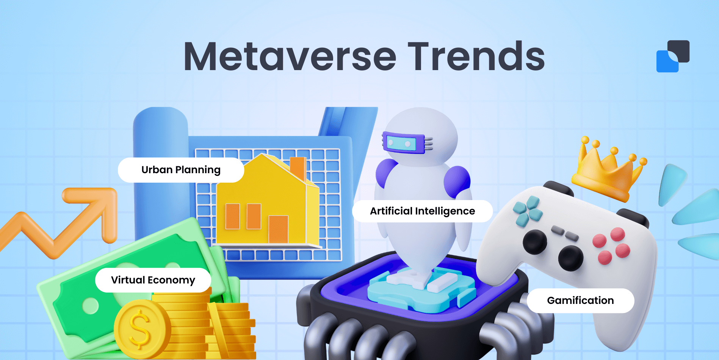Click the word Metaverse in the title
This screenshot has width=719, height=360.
coord(290,57)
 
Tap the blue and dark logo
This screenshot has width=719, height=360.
coord(673,56)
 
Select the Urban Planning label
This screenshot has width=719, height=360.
coord(181,170)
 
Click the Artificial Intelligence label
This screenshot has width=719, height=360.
coord(422,211)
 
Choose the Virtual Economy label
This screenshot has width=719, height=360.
coord(153,280)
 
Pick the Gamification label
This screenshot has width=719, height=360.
coord(580,301)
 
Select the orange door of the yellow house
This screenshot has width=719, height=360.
coord(278,229)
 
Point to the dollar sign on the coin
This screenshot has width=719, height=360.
coord(139,329)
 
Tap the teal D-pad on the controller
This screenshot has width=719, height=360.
coord(528,211)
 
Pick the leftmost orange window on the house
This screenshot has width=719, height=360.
coord(232,216)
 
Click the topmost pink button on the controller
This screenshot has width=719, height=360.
coord(617,234)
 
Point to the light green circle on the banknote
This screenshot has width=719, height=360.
coord(90,306)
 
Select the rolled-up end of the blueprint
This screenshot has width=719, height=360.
coord(160,125)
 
